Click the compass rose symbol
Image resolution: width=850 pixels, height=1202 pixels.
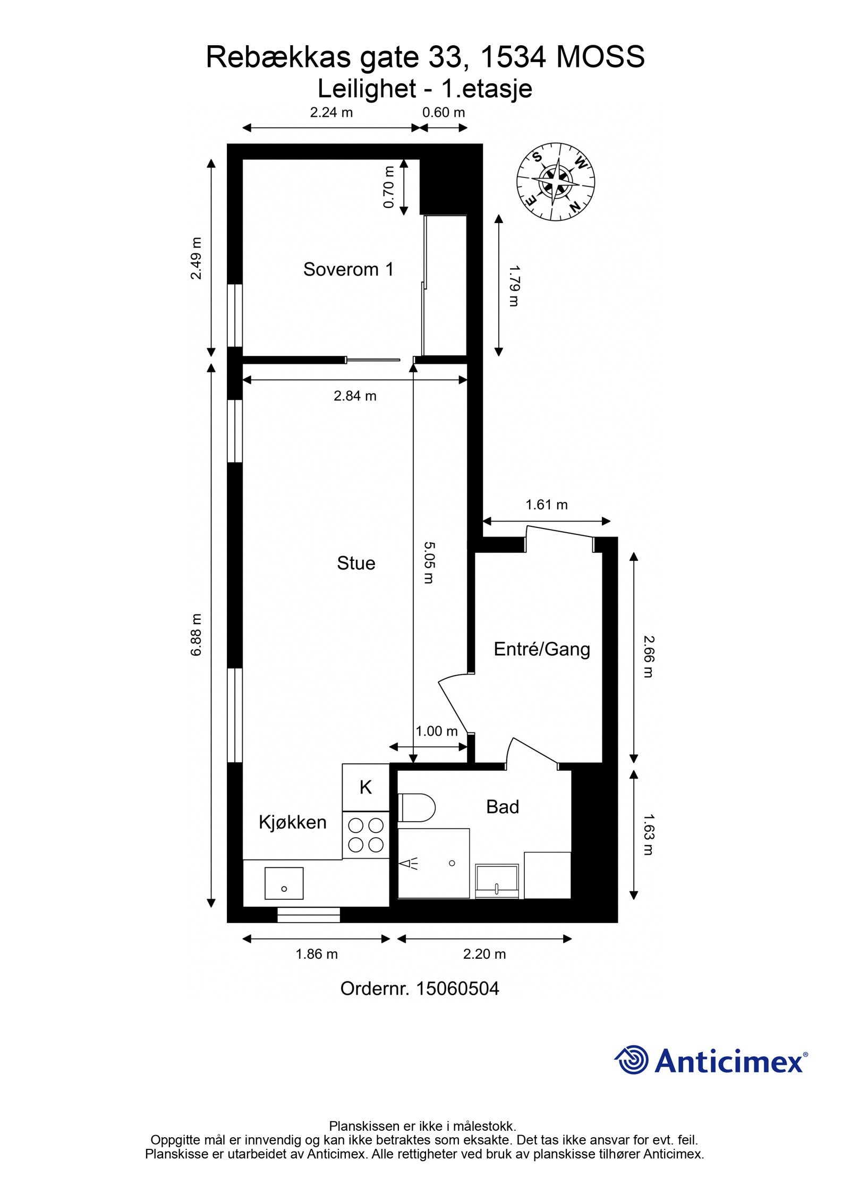(x=555, y=182)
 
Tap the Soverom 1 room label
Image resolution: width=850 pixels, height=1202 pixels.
(x=348, y=269)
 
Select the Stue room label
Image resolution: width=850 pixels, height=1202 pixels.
(x=356, y=563)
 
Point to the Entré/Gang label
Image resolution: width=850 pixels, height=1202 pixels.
(x=542, y=649)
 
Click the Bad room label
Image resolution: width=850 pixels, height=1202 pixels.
(x=503, y=807)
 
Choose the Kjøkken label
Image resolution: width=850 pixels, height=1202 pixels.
(x=292, y=822)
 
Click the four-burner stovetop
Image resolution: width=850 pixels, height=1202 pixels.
(x=365, y=835)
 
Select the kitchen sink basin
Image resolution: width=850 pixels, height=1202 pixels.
(x=284, y=883)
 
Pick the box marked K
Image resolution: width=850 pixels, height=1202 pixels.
(x=365, y=787)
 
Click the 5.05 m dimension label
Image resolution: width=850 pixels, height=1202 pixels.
(x=429, y=562)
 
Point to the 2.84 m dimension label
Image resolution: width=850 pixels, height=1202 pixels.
(x=355, y=396)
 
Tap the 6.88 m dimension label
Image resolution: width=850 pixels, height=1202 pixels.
(x=197, y=635)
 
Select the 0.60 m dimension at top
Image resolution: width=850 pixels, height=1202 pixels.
(x=444, y=113)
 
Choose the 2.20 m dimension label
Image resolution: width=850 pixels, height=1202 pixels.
(x=484, y=954)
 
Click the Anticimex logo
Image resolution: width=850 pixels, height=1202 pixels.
(x=711, y=1060)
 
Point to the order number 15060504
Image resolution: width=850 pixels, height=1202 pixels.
(x=420, y=988)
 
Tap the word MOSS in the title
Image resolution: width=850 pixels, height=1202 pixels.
(x=600, y=57)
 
